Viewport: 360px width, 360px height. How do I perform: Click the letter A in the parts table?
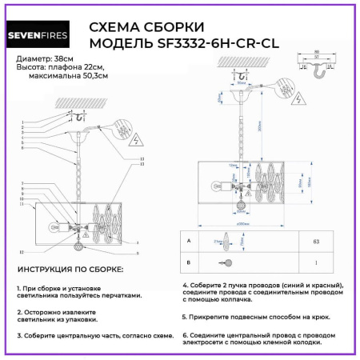pos(188,240)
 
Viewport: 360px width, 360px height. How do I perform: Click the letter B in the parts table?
pos(188,262)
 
